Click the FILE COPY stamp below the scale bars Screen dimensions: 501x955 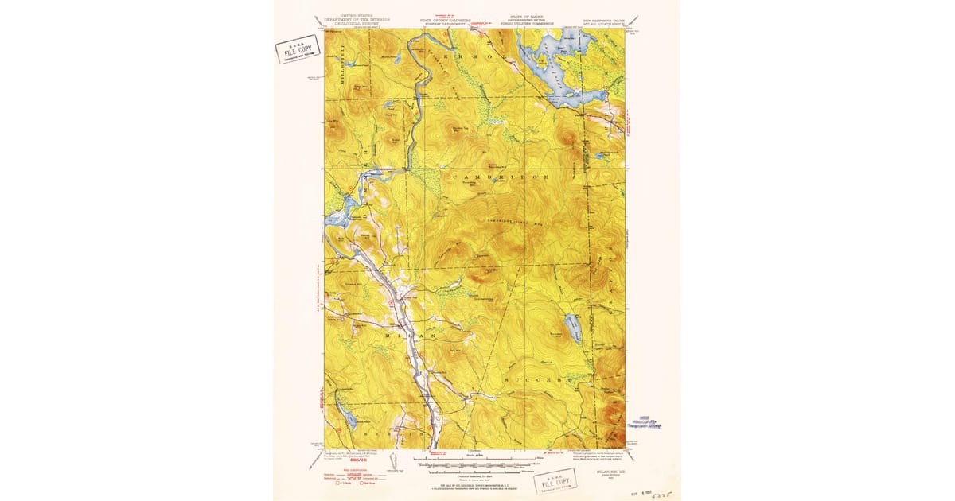[x=556, y=482]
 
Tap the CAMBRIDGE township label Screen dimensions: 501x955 [x=501, y=175]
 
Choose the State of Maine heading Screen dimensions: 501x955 [x=535, y=20]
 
